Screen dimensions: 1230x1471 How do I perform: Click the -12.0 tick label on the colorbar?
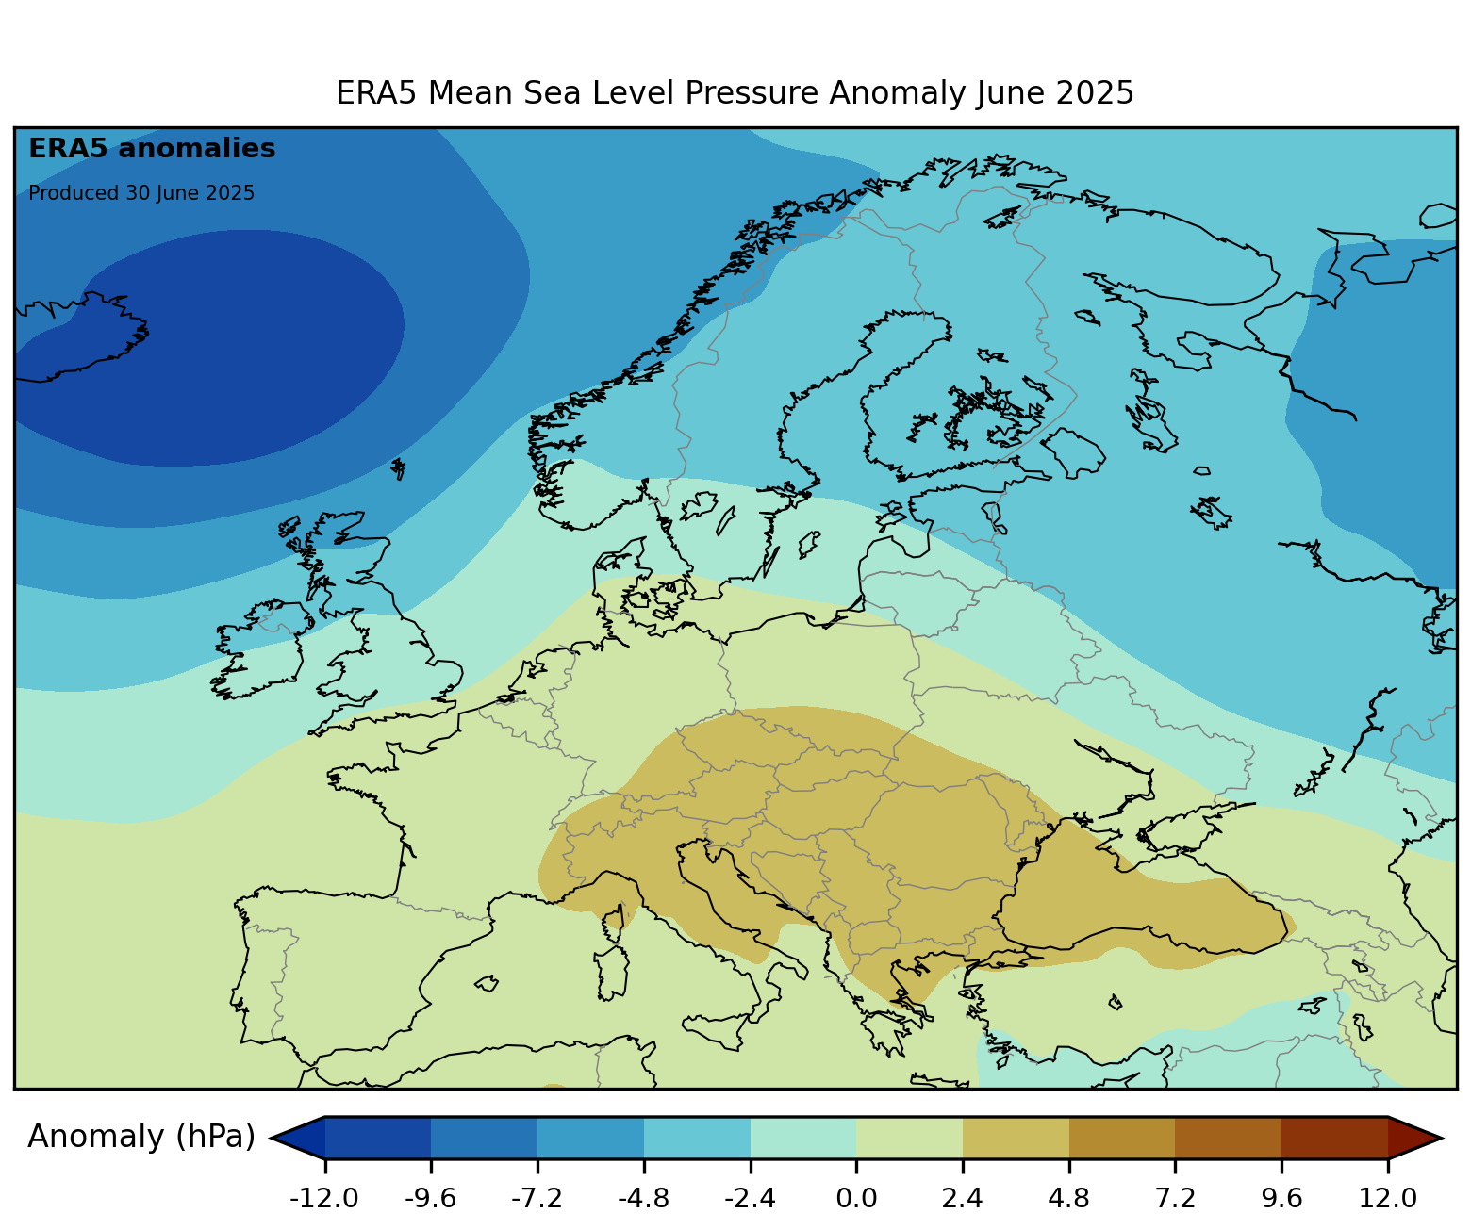tap(324, 1199)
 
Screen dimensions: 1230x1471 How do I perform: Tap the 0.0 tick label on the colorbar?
tap(856, 1199)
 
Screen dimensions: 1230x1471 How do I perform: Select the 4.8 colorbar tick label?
tap(1068, 1199)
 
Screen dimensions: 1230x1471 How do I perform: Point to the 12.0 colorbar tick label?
tap(1388, 1199)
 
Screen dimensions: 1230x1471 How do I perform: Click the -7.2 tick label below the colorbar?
tap(537, 1199)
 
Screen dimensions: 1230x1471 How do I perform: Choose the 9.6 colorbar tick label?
tap(1281, 1199)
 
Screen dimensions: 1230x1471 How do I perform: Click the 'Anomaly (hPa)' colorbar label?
tap(141, 1138)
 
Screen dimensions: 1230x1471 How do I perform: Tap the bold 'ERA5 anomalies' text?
tap(152, 149)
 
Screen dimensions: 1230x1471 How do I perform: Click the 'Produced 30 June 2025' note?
tap(141, 193)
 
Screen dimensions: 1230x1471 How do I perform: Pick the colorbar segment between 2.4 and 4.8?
tap(1016, 1138)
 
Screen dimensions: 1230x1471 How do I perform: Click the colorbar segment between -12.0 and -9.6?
tap(378, 1138)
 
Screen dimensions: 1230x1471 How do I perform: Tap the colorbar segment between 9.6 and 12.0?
tap(1334, 1138)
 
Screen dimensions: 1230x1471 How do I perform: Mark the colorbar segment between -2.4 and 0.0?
tap(803, 1138)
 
